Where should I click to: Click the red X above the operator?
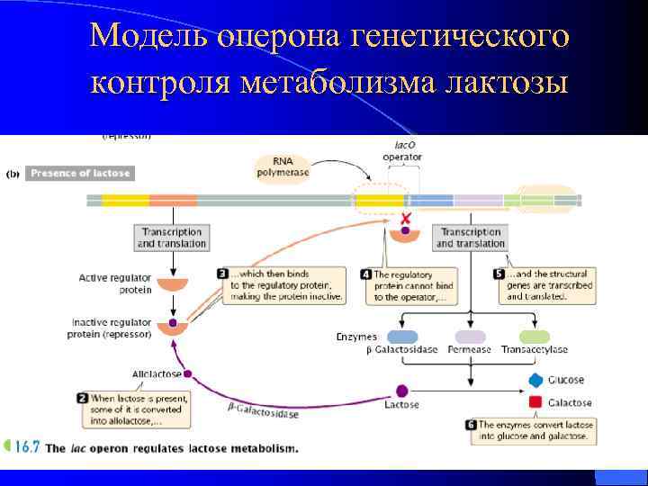pyautogui.click(x=406, y=219)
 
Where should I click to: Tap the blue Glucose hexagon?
pyautogui.click(x=535, y=381)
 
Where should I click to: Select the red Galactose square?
pyautogui.click(x=535, y=402)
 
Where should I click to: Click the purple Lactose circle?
pyautogui.click(x=401, y=391)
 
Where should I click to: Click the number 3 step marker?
pyautogui.click(x=222, y=273)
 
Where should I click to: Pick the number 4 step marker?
pyautogui.click(x=366, y=274)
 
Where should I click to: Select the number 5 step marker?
pyautogui.click(x=500, y=273)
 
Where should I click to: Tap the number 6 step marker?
pyautogui.click(x=471, y=425)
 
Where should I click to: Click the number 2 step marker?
pyautogui.click(x=82, y=397)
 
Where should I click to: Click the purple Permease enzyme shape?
pyautogui.click(x=472, y=336)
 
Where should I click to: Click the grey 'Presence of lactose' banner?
pyautogui.click(x=80, y=173)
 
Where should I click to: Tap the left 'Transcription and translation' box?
pyautogui.click(x=171, y=238)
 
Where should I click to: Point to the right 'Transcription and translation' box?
pyautogui.click(x=470, y=238)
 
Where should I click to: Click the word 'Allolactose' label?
pyautogui.click(x=156, y=373)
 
